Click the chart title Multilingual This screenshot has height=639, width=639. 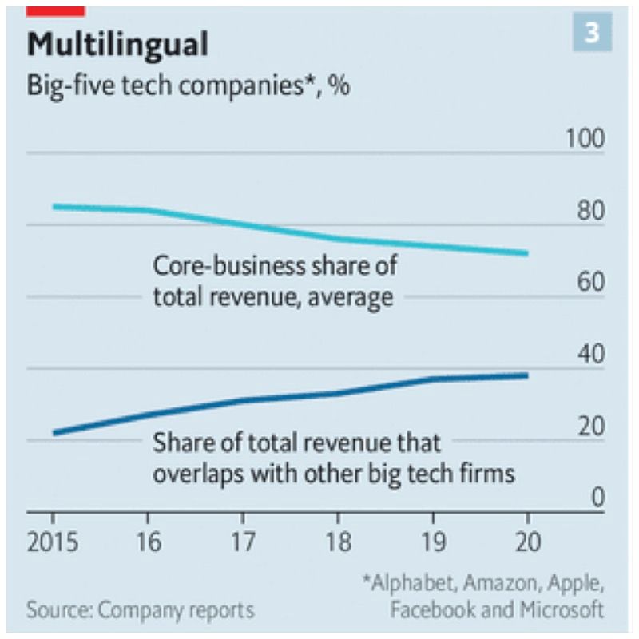[x=117, y=45]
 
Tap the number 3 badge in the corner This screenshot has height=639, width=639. [x=592, y=33]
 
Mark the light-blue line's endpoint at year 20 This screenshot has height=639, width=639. [x=527, y=253]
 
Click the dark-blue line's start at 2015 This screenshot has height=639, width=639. [x=54, y=433]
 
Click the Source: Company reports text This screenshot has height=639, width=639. [x=141, y=611]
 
